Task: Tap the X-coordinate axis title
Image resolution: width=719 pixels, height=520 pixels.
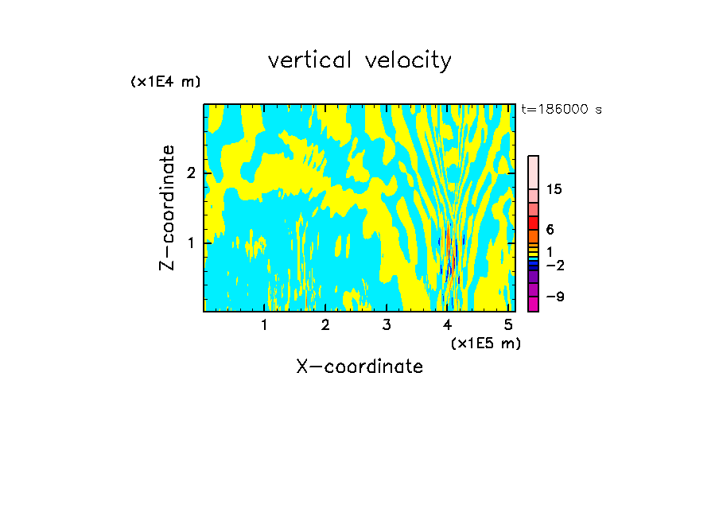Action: (359, 367)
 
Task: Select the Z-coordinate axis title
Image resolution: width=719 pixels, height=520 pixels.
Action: (167, 208)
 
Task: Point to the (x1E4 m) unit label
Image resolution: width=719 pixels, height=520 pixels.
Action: (165, 82)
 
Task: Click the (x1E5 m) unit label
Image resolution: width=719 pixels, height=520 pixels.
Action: (485, 343)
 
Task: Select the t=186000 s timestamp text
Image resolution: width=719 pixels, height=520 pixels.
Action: (561, 110)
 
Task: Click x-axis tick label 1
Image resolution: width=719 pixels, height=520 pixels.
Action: (264, 325)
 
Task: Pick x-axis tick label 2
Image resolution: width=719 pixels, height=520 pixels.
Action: (325, 325)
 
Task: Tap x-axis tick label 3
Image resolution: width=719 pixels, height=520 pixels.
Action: (387, 325)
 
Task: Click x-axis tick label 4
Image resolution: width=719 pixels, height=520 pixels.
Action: (448, 325)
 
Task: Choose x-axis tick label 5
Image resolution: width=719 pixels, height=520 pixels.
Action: (509, 325)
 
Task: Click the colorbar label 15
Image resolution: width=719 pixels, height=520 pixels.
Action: (554, 189)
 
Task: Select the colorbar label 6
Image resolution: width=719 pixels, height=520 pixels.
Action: (550, 230)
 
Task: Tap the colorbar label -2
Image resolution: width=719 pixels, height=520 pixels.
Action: (555, 266)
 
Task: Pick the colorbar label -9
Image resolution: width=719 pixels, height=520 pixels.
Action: (555, 297)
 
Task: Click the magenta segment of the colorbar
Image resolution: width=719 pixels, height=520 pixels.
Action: (534, 304)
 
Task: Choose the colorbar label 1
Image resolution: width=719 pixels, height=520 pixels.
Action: (550, 251)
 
